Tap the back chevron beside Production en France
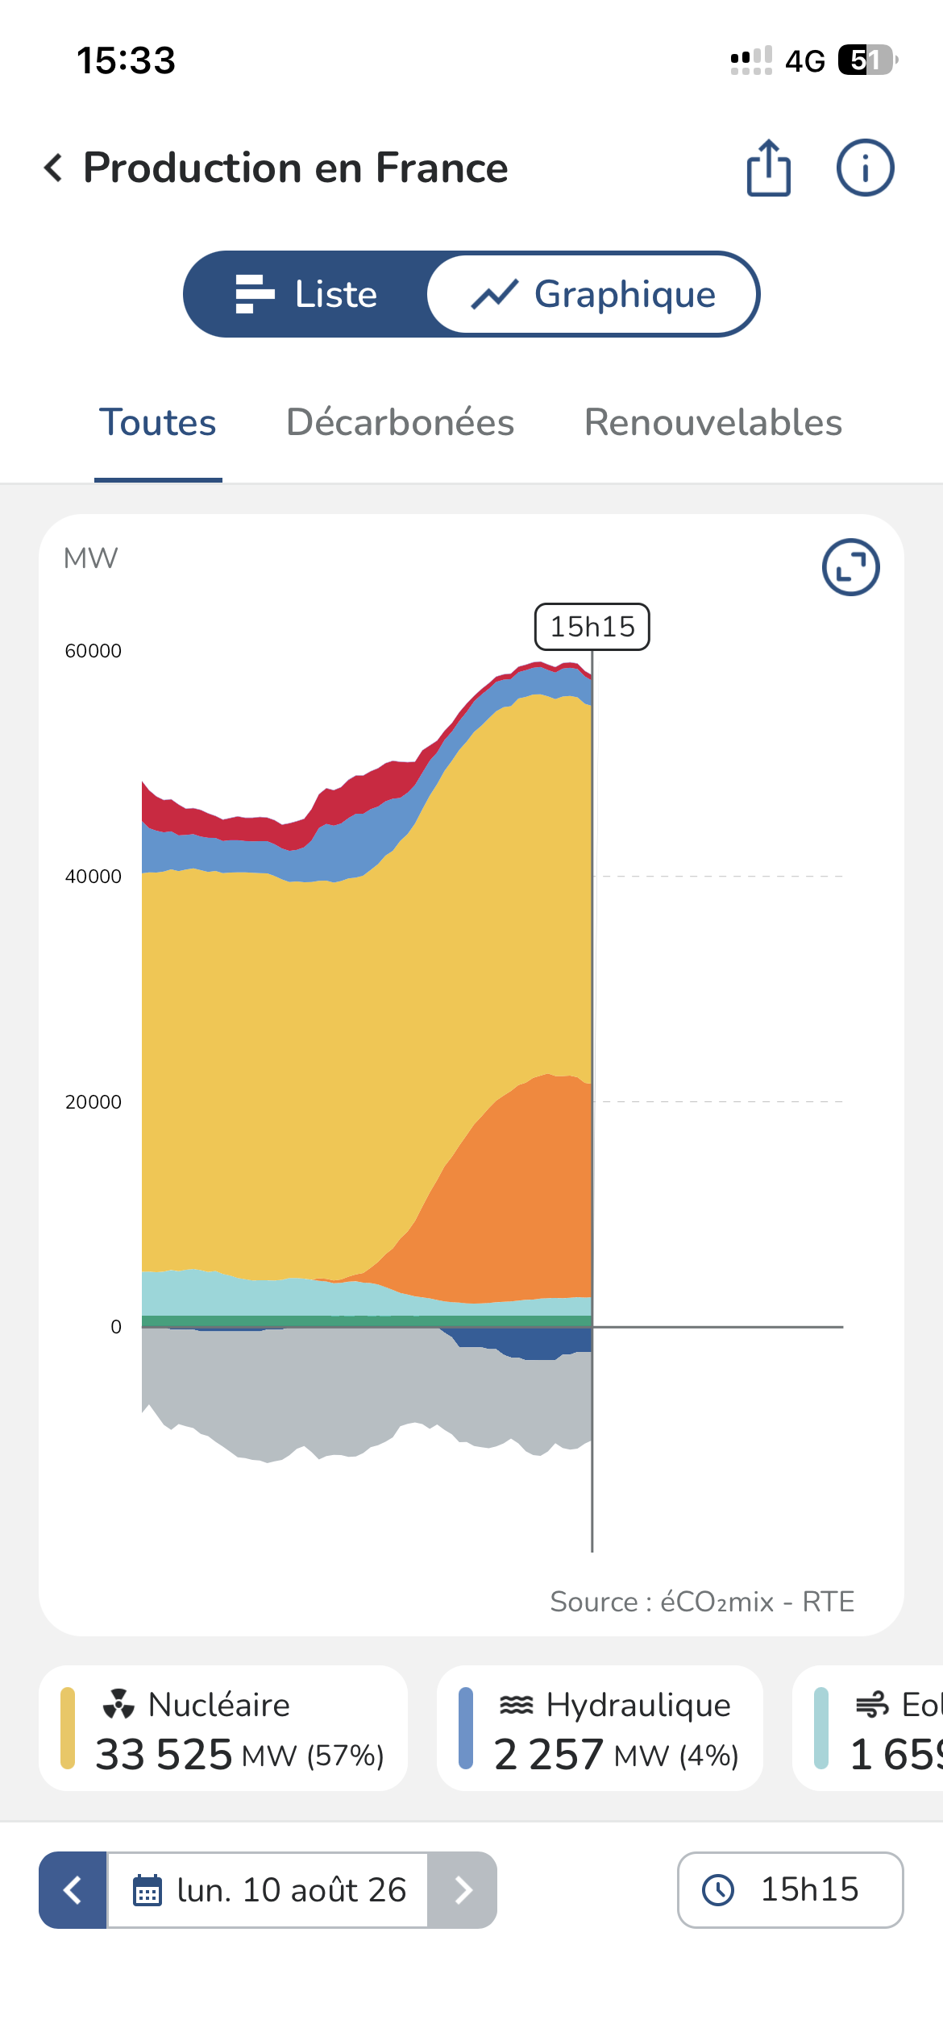click(53, 168)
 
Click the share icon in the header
click(769, 168)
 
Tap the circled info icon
click(865, 168)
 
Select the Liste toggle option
click(306, 294)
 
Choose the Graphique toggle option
click(593, 294)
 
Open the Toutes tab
click(158, 422)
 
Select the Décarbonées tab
click(401, 422)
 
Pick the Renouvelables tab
click(713, 422)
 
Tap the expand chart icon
click(850, 567)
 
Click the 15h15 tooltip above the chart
click(592, 627)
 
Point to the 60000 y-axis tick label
click(93, 651)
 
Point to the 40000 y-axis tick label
click(93, 877)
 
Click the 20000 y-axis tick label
click(93, 1102)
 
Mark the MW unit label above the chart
click(90, 558)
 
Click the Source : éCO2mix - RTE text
click(702, 1602)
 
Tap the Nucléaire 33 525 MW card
click(223, 1728)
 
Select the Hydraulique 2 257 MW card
click(600, 1728)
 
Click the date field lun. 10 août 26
click(268, 1890)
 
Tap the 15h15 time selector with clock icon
click(790, 1890)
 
